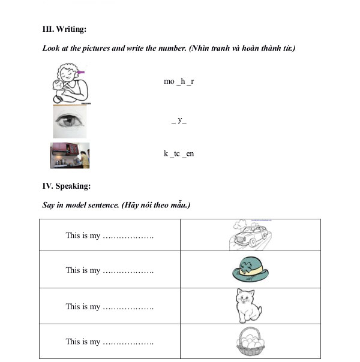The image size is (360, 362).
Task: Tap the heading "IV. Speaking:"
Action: coord(66,186)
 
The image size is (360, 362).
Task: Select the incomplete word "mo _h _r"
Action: coord(179,81)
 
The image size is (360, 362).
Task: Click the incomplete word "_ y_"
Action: coord(179,120)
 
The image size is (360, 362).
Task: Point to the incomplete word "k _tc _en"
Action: coord(179,154)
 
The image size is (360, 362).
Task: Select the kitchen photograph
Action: coord(70,155)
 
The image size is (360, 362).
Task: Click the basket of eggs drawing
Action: coord(251,342)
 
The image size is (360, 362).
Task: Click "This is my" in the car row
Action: coord(83,236)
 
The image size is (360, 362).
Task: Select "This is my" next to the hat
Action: coord(83,270)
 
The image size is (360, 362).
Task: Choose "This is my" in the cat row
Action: coord(83,307)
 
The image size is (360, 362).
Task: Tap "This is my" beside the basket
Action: coord(83,342)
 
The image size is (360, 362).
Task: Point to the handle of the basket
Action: coord(251,331)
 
